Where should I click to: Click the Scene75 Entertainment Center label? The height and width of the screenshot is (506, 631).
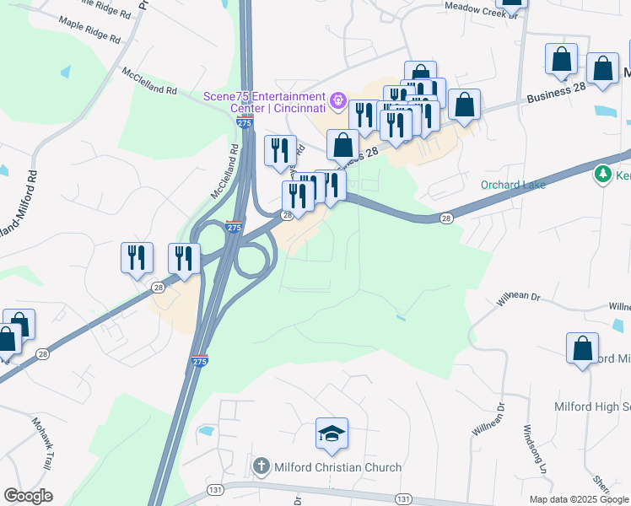(x=264, y=102)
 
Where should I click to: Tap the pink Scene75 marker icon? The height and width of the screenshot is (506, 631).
(x=338, y=100)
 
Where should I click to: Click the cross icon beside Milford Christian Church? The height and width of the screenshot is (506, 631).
(x=261, y=466)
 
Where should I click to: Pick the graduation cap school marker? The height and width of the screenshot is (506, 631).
(x=332, y=434)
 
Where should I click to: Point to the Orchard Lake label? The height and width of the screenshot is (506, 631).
(x=513, y=185)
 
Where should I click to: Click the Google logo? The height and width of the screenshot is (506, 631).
(x=29, y=496)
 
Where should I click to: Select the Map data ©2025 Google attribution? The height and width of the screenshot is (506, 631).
(x=579, y=499)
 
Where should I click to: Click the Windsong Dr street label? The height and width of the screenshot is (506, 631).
(x=537, y=447)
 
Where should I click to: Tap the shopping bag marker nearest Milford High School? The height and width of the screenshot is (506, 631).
(x=582, y=349)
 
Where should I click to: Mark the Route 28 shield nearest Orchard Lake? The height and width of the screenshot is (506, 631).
(x=446, y=218)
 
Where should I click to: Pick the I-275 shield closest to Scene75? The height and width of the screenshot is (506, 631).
(x=244, y=123)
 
